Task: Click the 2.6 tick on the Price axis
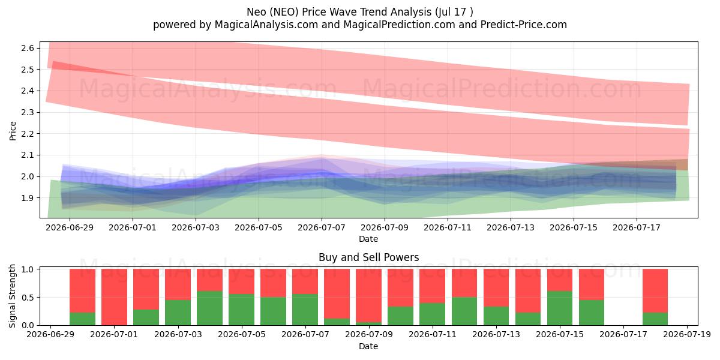[x=28, y=48]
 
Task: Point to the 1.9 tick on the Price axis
[x=28, y=198]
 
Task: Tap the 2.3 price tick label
[x=28, y=113]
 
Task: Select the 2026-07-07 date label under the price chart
[x=322, y=227]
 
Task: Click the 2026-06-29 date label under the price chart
[x=70, y=227]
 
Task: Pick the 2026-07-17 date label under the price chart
[x=637, y=227]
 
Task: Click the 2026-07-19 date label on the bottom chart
[x=687, y=334]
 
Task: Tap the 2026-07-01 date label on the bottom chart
[x=114, y=334]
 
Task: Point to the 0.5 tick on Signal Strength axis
[x=28, y=298]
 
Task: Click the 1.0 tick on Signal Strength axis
[x=28, y=269]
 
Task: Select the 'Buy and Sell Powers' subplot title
[x=368, y=257]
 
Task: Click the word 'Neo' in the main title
[x=257, y=12]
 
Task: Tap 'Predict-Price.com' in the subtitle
[x=524, y=25]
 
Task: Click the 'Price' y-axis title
[x=13, y=131]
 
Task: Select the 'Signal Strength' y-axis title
[x=12, y=296]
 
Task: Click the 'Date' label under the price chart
[x=368, y=239]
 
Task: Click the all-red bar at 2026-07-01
[x=114, y=297]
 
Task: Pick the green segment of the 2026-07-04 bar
[x=209, y=308]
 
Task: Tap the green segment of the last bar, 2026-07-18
[x=655, y=319]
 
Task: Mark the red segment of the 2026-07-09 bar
[x=368, y=296]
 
